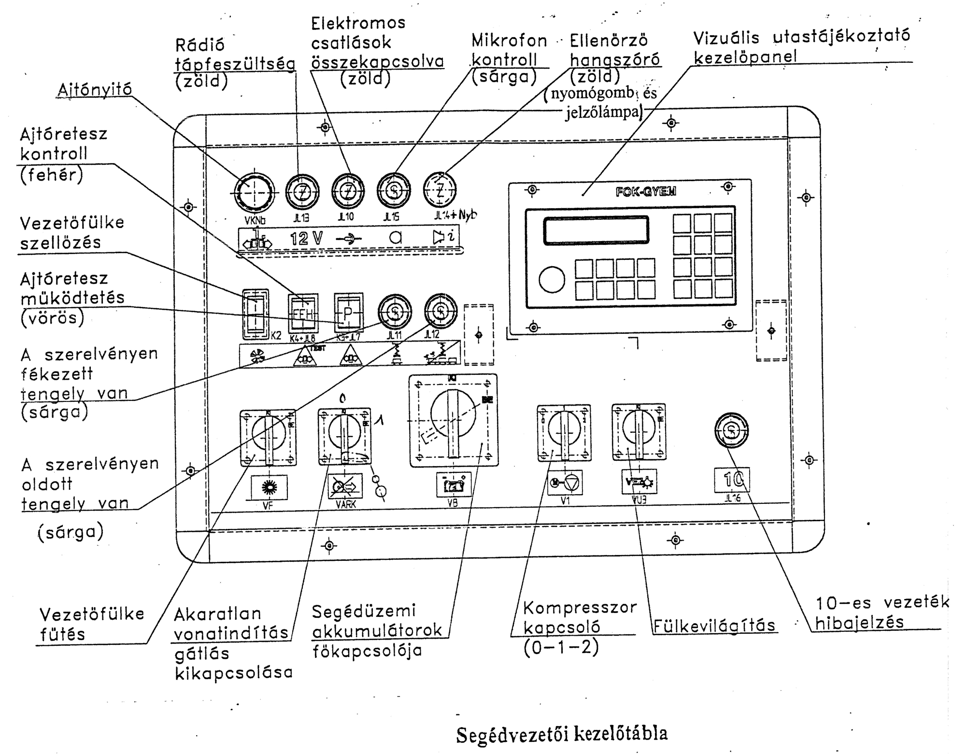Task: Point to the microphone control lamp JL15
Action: tap(394, 190)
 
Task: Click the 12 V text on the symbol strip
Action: tap(306, 238)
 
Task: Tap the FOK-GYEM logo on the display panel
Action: tap(646, 191)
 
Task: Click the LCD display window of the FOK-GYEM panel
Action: tap(596, 230)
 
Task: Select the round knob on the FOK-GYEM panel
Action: tap(552, 279)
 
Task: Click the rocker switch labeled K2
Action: tap(255, 314)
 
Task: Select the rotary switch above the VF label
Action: tap(268, 437)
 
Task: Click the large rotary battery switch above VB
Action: tap(453, 420)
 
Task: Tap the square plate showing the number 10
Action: tap(732, 480)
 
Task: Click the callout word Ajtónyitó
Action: tap(95, 90)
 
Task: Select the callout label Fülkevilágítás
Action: tap(714, 626)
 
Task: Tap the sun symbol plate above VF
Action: tap(269, 487)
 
